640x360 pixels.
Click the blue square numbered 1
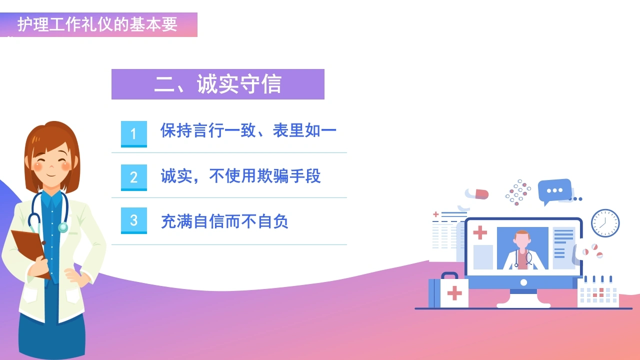[x=133, y=134]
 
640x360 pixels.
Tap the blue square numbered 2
[x=133, y=177]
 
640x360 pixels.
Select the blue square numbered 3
[x=133, y=220]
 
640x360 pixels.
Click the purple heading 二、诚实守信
[x=217, y=84]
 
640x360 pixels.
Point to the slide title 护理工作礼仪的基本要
[x=97, y=24]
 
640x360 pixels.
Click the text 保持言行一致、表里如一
[x=248, y=130]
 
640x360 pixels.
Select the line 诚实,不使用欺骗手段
[x=240, y=175]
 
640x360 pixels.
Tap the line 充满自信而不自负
[x=224, y=221]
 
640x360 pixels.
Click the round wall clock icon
[x=605, y=223]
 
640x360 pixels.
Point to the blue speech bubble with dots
[x=554, y=191]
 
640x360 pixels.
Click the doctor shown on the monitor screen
[x=522, y=250]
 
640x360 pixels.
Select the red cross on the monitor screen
[x=480, y=232]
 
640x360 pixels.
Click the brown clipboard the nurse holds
[x=30, y=251]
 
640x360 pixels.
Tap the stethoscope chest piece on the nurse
[x=63, y=227]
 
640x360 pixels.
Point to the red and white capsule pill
[x=477, y=194]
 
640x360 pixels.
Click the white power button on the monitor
[x=523, y=282]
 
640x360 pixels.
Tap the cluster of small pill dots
[x=518, y=192]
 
